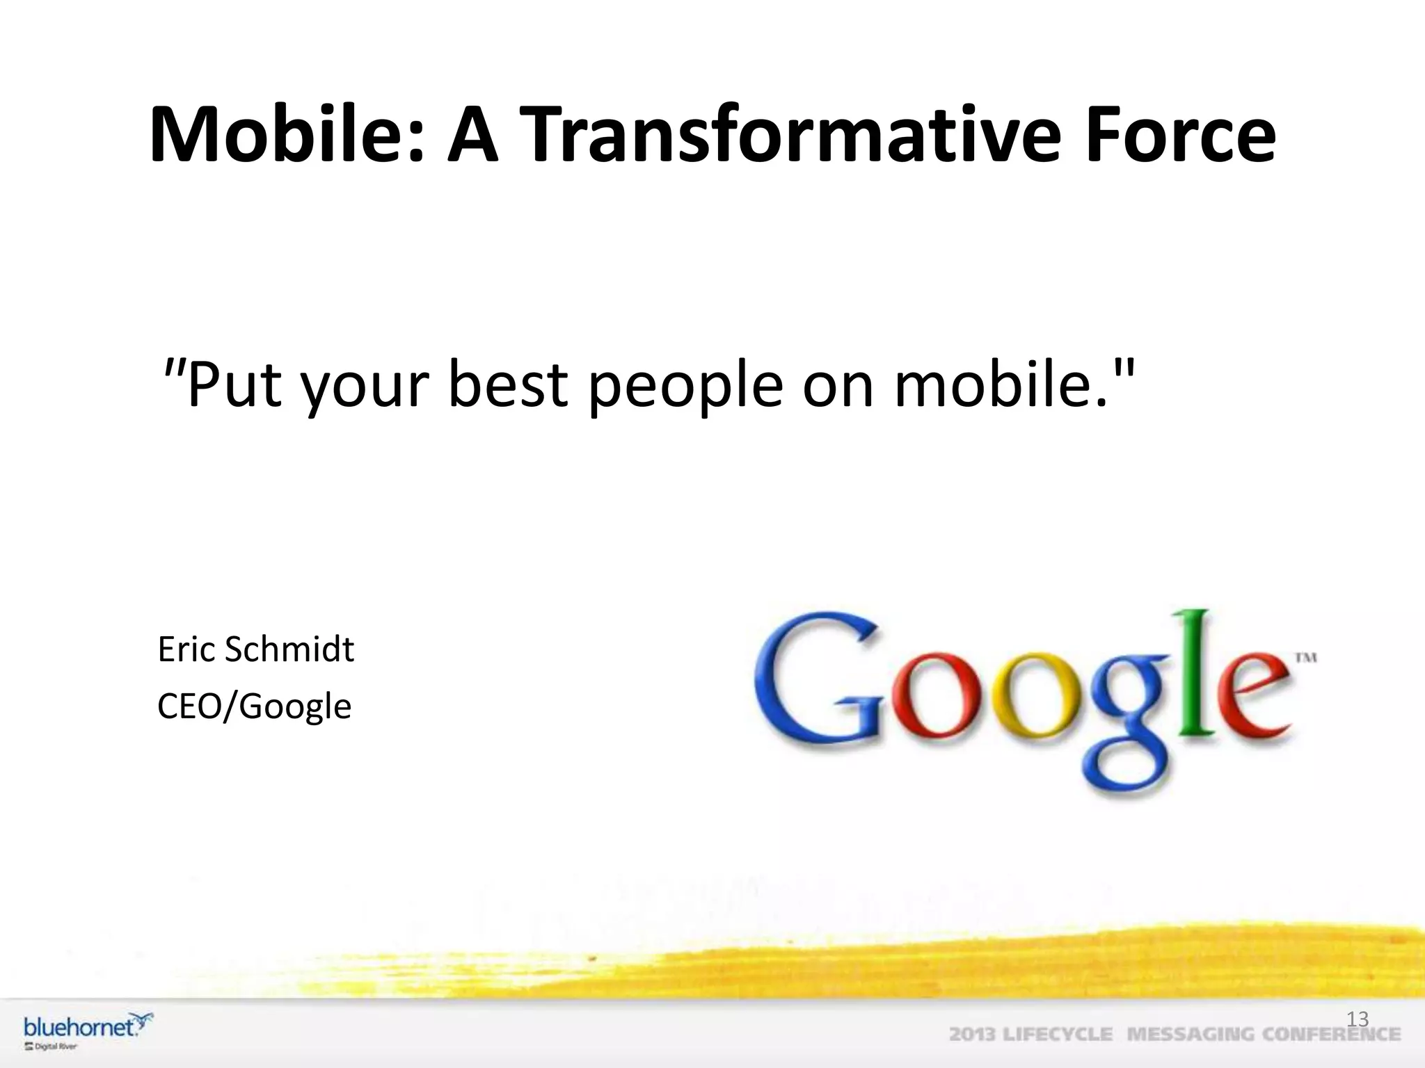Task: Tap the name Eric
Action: click(x=186, y=649)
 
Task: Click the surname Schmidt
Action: click(x=289, y=649)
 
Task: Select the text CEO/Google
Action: click(x=254, y=706)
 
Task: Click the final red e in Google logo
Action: click(x=1252, y=695)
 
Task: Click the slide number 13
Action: click(x=1358, y=1019)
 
